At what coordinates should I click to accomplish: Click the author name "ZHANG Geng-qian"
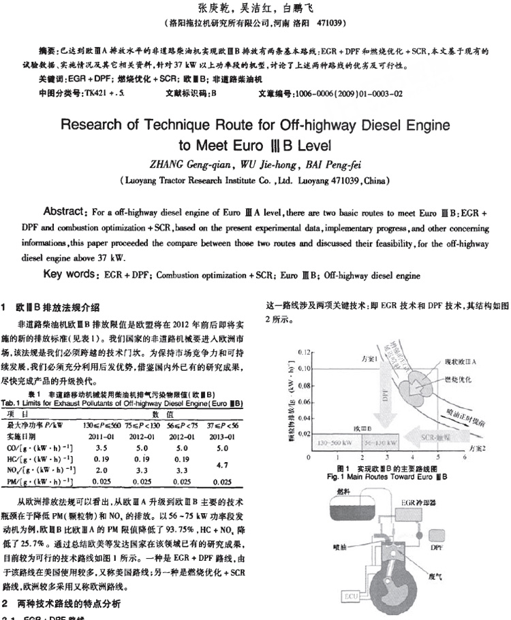click(x=187, y=163)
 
